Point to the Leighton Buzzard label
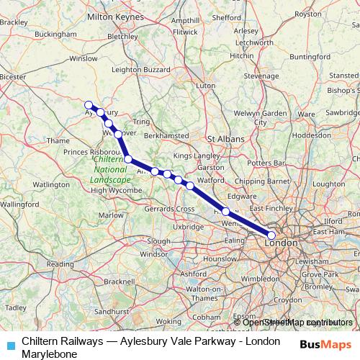pos(140,69)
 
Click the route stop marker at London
pos(271,235)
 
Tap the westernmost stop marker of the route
pos(89,104)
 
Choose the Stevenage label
pos(260,75)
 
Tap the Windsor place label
pos(153,254)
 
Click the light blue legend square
pos(11,344)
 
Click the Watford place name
pos(210,179)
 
